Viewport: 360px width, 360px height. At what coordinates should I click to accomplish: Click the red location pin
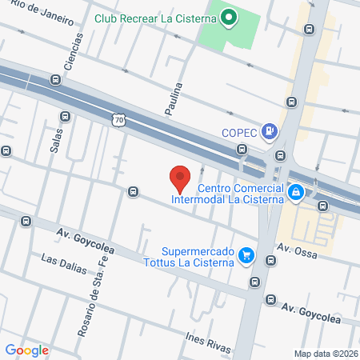pyautogui.click(x=179, y=178)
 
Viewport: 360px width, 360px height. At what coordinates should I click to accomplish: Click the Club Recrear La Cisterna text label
pyautogui.click(x=155, y=17)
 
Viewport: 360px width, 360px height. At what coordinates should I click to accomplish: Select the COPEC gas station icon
pyautogui.click(x=271, y=132)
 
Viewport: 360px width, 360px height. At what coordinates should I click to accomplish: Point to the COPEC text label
pyautogui.click(x=239, y=133)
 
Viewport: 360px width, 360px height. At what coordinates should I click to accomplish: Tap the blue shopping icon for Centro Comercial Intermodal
pyautogui.click(x=296, y=192)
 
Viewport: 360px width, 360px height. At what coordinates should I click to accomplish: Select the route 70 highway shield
pyautogui.click(x=118, y=119)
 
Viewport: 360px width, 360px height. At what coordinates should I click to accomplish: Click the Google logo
pyautogui.click(x=27, y=350)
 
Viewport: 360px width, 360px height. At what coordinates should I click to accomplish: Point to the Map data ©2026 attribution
pyautogui.click(x=325, y=354)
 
